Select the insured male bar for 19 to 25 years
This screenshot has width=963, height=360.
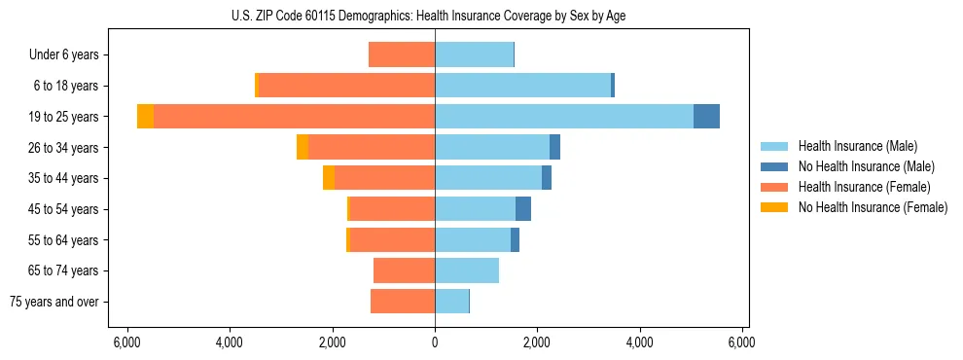click(x=564, y=117)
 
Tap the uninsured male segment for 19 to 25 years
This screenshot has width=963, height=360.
click(x=706, y=117)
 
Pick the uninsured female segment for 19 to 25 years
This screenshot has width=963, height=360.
click(x=145, y=117)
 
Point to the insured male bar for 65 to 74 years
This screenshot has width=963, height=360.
click(x=467, y=270)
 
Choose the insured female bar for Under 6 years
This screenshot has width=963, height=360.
click(x=402, y=55)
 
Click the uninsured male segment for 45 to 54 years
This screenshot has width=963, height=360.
click(x=523, y=209)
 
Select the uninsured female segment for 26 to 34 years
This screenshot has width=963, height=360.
click(x=303, y=148)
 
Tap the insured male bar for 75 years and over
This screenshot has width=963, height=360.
click(x=451, y=302)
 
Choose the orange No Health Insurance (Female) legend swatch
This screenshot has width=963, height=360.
click(x=774, y=207)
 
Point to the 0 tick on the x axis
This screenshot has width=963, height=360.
click(x=435, y=342)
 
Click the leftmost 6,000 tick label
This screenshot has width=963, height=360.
click(x=126, y=342)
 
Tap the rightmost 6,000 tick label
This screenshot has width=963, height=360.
click(x=742, y=342)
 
